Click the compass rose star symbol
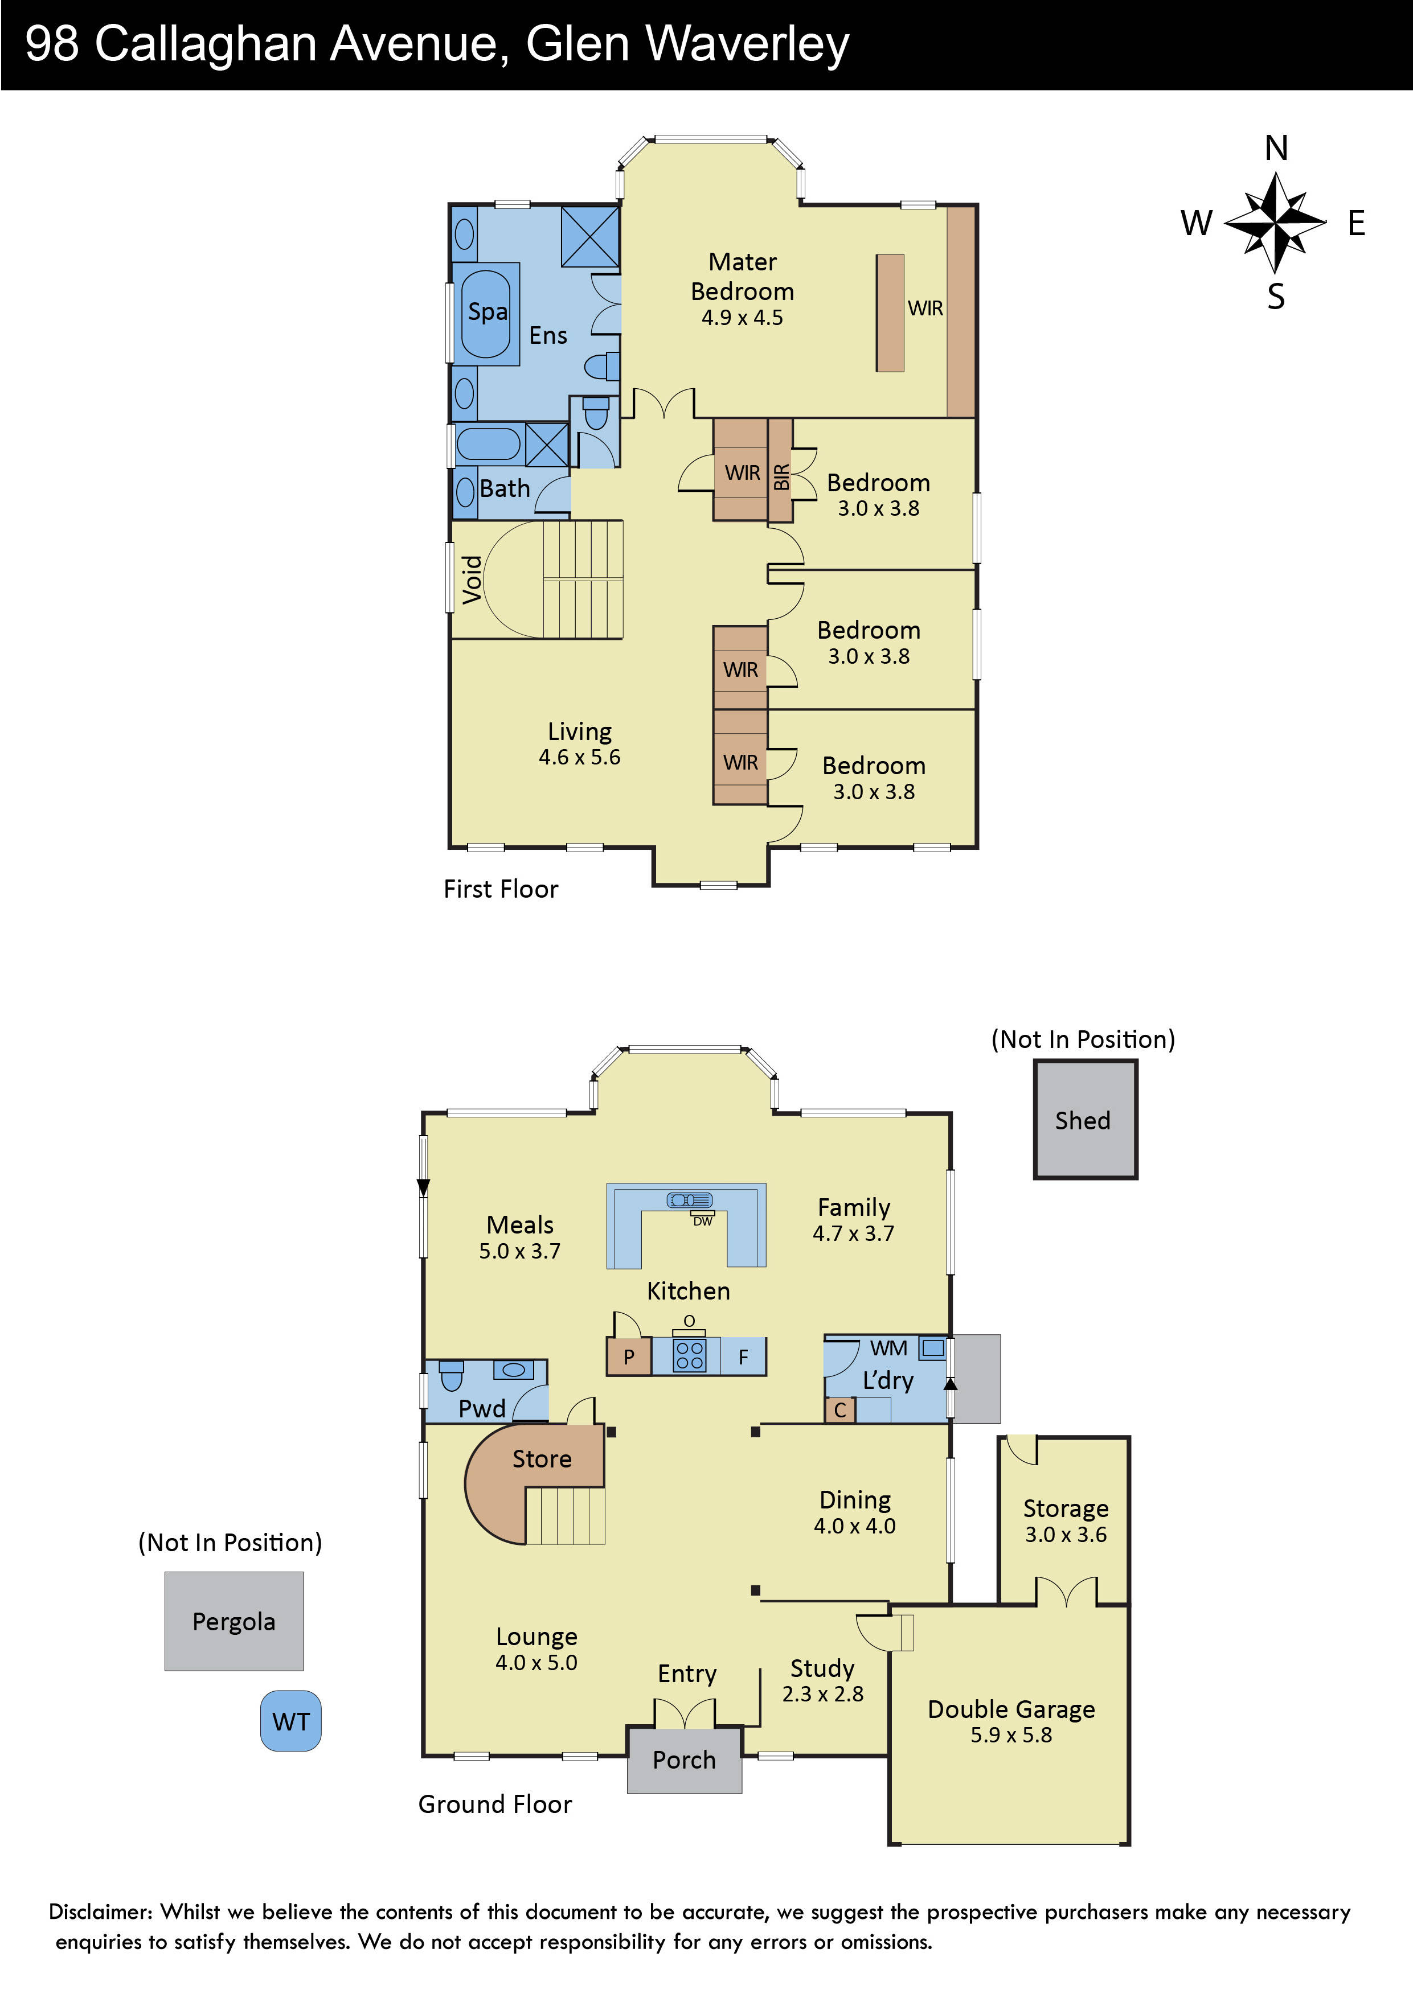pyautogui.click(x=1275, y=223)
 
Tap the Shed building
pyautogui.click(x=1085, y=1119)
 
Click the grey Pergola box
pyautogui.click(x=234, y=1621)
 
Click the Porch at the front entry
pyautogui.click(x=685, y=1759)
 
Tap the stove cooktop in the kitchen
pyautogui.click(x=690, y=1356)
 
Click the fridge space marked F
pyautogui.click(x=743, y=1356)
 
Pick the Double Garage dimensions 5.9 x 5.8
pyautogui.click(x=1011, y=1734)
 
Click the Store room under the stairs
pyautogui.click(x=542, y=1458)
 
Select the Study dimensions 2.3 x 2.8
pyautogui.click(x=823, y=1693)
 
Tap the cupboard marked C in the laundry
pyautogui.click(x=840, y=1410)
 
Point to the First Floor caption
pyautogui.click(x=501, y=889)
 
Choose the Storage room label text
pyautogui.click(x=1066, y=1508)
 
